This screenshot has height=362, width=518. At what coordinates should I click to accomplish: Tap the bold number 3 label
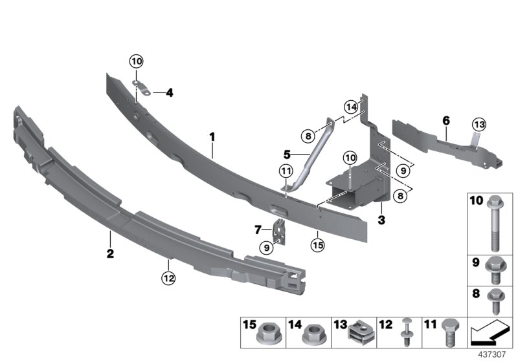pos(382,220)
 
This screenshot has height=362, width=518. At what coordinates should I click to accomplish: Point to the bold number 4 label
pos(170,93)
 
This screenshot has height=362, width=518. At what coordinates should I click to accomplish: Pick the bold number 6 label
pos(445,120)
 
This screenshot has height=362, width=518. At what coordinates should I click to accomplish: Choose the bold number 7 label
pos(257,229)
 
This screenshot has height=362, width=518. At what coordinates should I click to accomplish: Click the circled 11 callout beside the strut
pos(286,171)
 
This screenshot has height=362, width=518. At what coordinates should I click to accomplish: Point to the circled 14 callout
pos(351,107)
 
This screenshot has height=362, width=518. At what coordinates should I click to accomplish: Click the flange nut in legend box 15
pos(265,335)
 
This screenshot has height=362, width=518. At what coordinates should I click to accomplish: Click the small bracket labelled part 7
pos(280,231)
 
